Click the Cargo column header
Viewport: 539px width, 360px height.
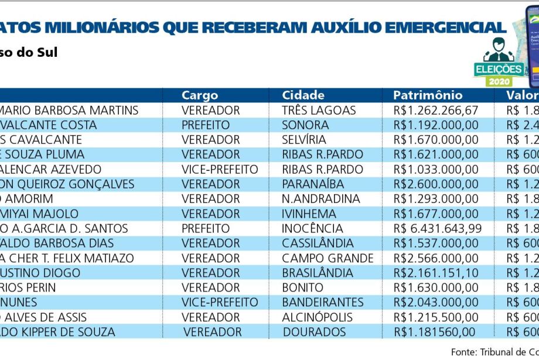click(200, 95)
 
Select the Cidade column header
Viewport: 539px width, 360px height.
click(303, 95)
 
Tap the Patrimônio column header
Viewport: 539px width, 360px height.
click(428, 95)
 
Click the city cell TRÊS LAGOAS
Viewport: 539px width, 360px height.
click(319, 111)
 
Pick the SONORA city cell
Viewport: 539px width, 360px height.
click(305, 125)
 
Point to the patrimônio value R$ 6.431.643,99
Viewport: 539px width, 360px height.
click(438, 228)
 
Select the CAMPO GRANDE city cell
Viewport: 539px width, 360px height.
click(328, 258)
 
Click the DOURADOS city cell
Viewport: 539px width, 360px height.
click(314, 332)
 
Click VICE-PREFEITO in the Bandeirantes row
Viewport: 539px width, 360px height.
click(220, 303)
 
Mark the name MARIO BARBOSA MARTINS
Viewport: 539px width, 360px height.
click(69, 111)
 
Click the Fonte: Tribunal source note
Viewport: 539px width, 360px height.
click(494, 352)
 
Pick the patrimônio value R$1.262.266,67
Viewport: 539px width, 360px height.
click(436, 111)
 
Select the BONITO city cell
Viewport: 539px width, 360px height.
click(302, 287)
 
